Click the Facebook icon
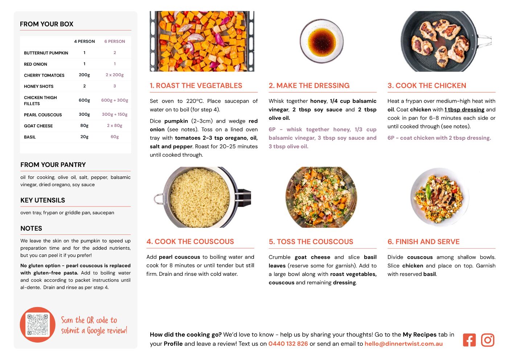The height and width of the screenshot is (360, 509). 469,340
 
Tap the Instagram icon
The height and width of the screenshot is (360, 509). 487,340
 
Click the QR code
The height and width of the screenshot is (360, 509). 37,324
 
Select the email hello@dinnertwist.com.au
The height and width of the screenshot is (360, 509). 403,344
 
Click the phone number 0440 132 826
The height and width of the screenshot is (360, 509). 288,344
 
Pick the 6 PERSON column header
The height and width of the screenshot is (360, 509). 115,41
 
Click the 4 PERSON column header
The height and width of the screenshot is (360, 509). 84,41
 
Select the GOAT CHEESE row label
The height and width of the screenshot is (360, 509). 38,126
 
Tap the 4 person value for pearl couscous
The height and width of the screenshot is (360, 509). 84,114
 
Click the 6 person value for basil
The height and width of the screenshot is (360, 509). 115,137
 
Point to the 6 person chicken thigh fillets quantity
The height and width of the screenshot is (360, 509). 115,100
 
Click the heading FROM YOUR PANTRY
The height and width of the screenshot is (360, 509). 53,164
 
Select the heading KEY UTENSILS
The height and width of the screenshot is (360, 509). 42,200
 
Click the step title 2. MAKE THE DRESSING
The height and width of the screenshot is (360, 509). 309,86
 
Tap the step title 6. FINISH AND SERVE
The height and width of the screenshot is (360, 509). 423,242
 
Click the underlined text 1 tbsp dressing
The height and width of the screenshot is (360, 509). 464,110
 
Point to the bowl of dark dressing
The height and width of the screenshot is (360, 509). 321,41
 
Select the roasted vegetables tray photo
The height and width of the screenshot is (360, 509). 202,41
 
